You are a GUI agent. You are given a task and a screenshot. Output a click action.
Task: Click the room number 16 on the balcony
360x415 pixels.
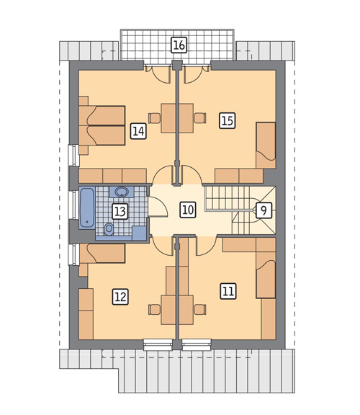(x=179, y=45)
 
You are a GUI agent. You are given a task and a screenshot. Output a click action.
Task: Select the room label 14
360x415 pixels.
(x=138, y=131)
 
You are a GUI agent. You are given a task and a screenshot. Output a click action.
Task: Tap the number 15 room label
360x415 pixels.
(x=228, y=121)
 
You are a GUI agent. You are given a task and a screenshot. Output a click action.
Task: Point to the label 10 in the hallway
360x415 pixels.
(x=189, y=210)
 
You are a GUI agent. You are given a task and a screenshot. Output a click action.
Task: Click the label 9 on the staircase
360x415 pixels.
(x=264, y=210)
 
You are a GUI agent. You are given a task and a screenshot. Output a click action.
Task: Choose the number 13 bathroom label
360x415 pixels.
(x=120, y=212)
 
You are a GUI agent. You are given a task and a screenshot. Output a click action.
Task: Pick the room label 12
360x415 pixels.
(x=120, y=297)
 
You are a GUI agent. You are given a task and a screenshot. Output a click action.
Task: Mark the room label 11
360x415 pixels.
(x=228, y=291)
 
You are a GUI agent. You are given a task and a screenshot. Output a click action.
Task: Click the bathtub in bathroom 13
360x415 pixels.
(x=87, y=207)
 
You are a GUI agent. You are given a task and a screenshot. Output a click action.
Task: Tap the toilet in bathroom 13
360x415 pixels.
(x=109, y=229)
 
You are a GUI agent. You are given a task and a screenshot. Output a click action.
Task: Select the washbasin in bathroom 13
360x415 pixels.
(x=122, y=192)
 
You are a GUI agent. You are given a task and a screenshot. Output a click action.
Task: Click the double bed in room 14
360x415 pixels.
(x=102, y=125)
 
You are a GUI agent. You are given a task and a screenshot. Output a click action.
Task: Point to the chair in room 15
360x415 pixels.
(x=200, y=118)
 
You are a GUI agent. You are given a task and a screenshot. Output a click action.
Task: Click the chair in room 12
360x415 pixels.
(x=155, y=309)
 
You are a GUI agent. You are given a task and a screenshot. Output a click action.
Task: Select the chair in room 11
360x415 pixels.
(x=200, y=309)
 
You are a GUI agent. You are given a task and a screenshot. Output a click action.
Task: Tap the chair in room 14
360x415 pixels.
(x=155, y=118)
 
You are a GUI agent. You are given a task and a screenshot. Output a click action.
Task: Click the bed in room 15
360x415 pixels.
(x=266, y=146)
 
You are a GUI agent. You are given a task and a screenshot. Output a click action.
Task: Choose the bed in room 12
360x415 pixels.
(x=102, y=254)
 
